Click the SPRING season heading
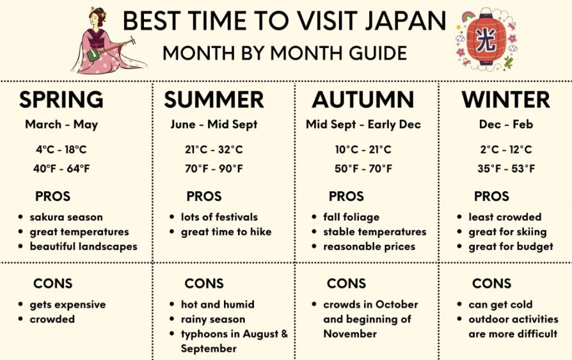tap(61, 100)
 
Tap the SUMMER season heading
tap(214, 100)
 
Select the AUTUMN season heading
tap(363, 100)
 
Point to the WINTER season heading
tap(505, 100)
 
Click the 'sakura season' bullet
tap(66, 217)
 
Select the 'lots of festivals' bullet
tap(219, 217)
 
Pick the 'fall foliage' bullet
tap(351, 217)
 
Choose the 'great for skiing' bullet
tap(507, 231)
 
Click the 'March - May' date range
tap(61, 125)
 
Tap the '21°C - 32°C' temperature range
tap(214, 150)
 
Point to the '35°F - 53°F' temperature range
tap(506, 169)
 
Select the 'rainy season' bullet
tap(212, 319)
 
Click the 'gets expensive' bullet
tap(67, 304)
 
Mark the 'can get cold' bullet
tap(500, 304)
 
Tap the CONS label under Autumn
tap(346, 283)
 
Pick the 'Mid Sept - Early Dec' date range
tap(363, 125)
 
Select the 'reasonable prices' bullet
tap(369, 246)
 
